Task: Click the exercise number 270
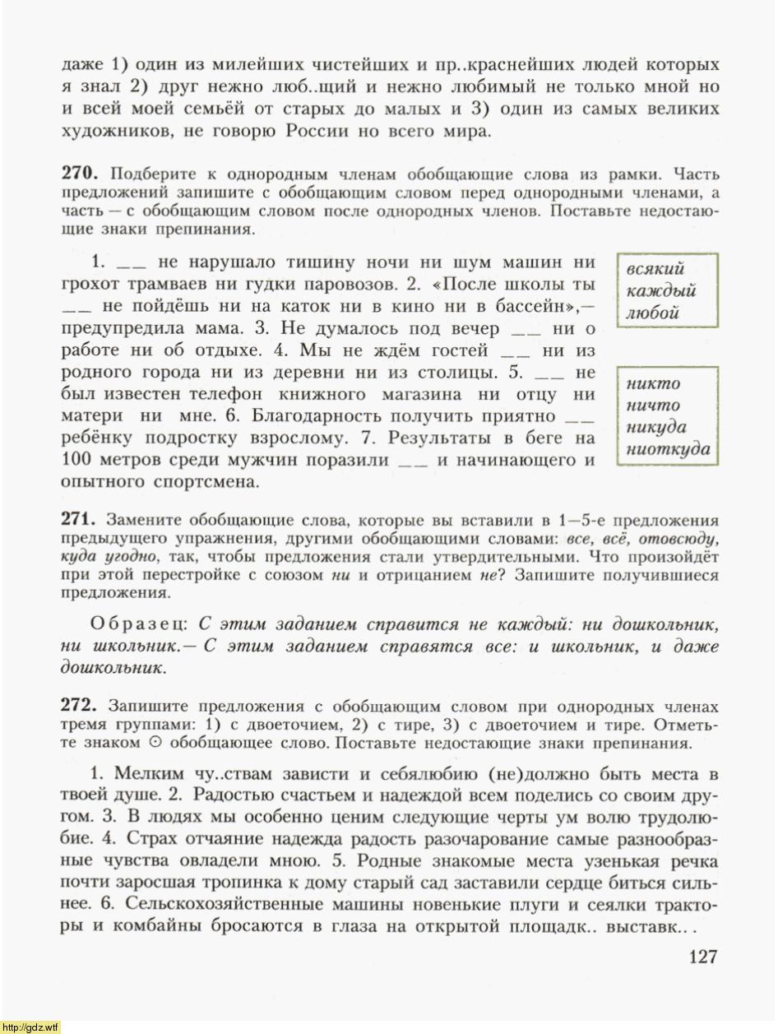(x=80, y=174)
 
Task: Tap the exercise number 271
(x=80, y=520)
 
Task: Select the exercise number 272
(x=80, y=706)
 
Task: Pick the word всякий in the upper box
(x=655, y=269)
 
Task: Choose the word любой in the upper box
(x=652, y=313)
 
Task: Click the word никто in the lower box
(x=653, y=383)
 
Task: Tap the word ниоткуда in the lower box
(x=668, y=449)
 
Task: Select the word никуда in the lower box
(x=656, y=427)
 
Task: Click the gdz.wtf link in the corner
(x=30, y=1027)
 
